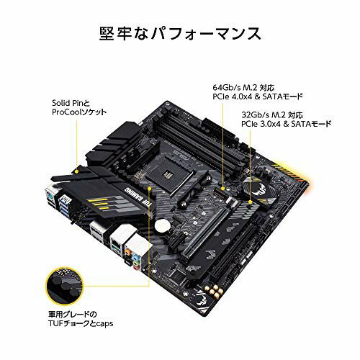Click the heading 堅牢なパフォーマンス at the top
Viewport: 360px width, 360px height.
tap(180, 33)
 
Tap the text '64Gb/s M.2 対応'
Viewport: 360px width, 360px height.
tap(244, 84)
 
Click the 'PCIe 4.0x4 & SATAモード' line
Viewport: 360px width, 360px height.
tap(258, 95)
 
